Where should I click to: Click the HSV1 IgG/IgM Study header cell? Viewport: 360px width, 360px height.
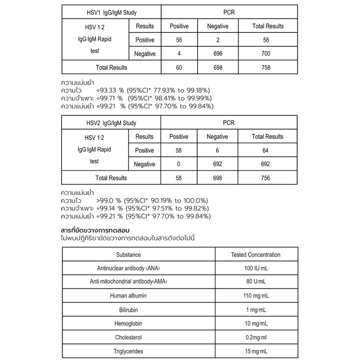coord(111,12)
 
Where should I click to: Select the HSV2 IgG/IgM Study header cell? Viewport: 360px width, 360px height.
coord(111,123)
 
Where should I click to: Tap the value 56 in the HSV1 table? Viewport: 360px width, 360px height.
coord(179,40)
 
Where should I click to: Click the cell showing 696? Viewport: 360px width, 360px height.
coord(217,54)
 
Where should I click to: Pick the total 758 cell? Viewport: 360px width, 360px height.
coord(268,67)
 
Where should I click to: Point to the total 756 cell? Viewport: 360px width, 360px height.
coord(268,178)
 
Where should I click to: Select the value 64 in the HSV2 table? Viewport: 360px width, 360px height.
coord(268,150)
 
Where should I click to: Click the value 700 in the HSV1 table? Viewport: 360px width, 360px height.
coord(268,54)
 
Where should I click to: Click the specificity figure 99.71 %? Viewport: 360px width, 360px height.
coord(110,98)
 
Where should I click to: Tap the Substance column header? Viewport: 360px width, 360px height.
coord(128,254)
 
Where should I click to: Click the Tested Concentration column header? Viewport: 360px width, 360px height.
coord(255,254)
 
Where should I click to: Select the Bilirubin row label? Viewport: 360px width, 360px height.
coord(128,310)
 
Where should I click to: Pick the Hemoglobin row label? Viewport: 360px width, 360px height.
coord(128,324)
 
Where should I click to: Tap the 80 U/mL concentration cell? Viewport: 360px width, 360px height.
coord(255,282)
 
